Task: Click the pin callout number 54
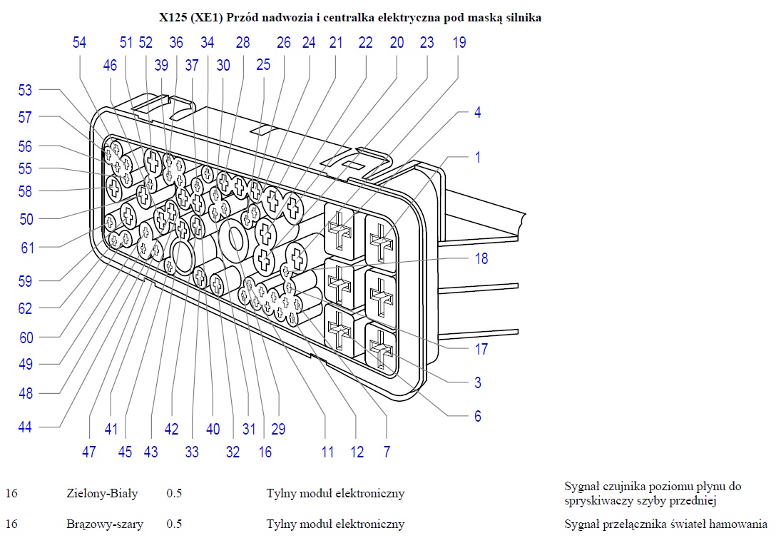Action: click(79, 43)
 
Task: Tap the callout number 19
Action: click(459, 43)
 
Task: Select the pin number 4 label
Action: click(478, 113)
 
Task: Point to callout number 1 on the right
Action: click(478, 157)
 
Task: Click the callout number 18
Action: click(481, 258)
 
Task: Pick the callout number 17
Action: click(481, 349)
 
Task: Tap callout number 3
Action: click(478, 382)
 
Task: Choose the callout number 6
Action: click(478, 416)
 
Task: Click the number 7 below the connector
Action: click(387, 452)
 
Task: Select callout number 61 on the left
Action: click(27, 248)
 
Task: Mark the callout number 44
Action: click(26, 427)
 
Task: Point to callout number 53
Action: click(26, 91)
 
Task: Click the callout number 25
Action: click(263, 66)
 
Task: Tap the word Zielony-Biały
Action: click(101, 493)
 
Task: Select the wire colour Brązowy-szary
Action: click(103, 524)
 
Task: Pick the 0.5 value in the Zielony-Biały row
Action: click(174, 493)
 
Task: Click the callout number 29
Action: click(278, 429)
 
